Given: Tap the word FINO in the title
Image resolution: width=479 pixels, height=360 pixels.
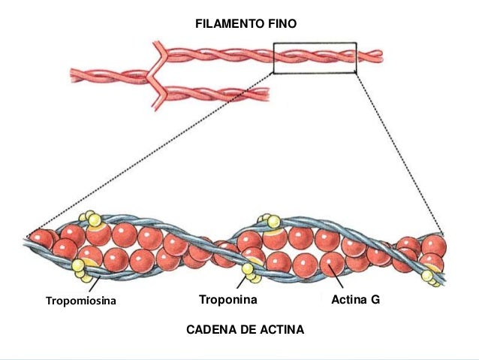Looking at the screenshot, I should pyautogui.click(x=281, y=24).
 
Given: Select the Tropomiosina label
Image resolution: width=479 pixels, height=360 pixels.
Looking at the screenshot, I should pyautogui.click(x=83, y=301).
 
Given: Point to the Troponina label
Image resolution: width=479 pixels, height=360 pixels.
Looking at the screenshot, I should pyautogui.click(x=228, y=300).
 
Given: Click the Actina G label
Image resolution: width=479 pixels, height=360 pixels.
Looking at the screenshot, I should pyautogui.click(x=356, y=300).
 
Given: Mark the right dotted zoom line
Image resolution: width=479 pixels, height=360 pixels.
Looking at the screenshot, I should pyautogui.click(x=398, y=150).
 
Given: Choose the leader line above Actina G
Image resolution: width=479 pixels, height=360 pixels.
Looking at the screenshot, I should pyautogui.click(x=339, y=282).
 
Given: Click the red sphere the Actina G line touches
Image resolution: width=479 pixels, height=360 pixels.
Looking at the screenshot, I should pyautogui.click(x=331, y=265).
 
